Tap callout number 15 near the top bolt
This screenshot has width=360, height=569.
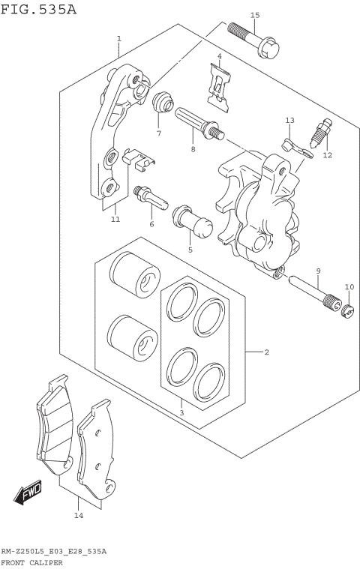254,15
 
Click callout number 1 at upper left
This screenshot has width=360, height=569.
118,37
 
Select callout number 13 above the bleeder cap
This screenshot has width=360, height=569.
290,120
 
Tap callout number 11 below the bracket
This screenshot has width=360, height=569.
115,219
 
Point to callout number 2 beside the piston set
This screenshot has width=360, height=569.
266,352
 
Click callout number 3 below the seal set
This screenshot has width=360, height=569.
181,412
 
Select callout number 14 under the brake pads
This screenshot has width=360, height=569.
77,515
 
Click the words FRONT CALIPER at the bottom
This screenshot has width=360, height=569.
31,562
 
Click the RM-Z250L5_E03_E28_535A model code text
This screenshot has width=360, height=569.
53,551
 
